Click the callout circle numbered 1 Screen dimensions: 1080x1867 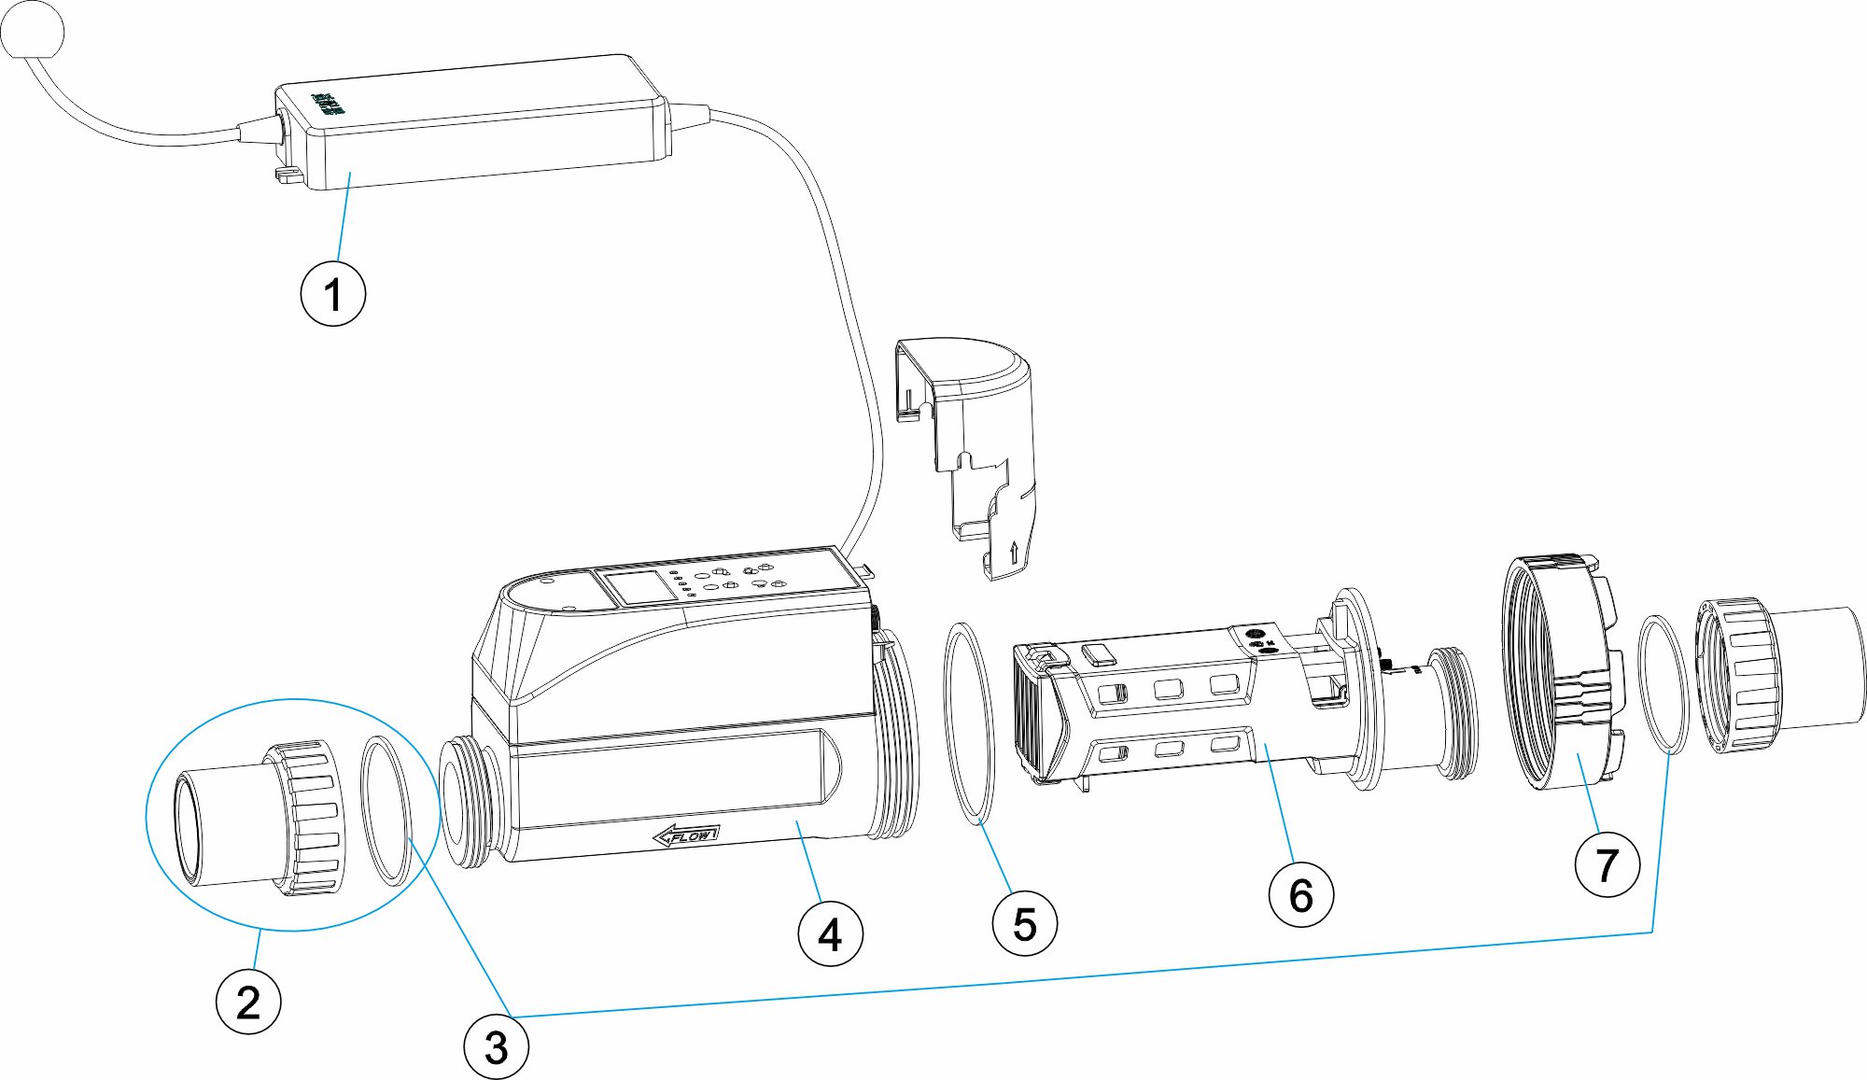point(332,294)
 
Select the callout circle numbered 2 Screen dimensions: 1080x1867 point(248,1002)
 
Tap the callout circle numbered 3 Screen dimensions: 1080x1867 point(496,1047)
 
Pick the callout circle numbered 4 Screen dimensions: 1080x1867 point(830,933)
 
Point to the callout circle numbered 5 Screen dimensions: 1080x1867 point(1024,924)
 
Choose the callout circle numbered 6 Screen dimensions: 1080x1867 point(1300,895)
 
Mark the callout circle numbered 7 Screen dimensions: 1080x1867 point(1607,865)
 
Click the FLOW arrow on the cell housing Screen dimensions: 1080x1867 point(686,835)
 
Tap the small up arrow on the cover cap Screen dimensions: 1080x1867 point(1013,552)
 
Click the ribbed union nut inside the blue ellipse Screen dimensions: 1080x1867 point(308,817)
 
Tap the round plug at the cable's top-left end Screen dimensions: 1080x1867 point(33,31)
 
